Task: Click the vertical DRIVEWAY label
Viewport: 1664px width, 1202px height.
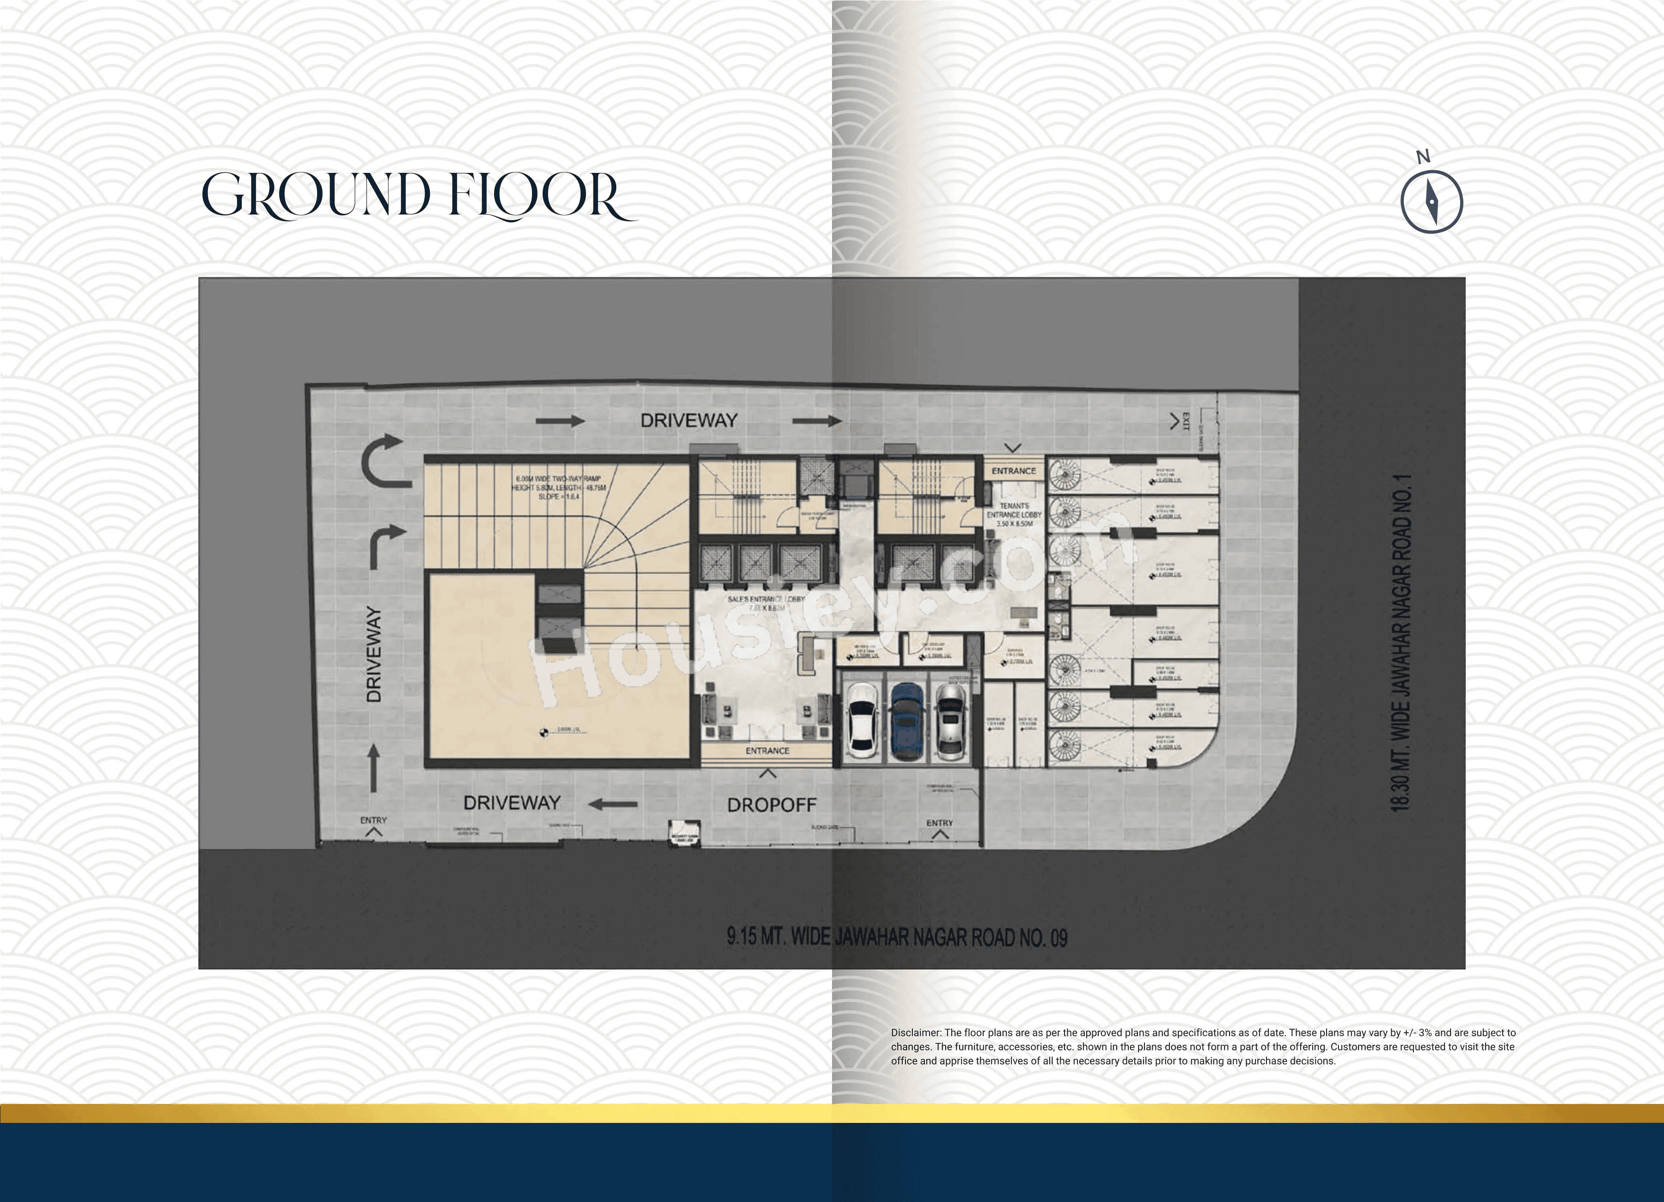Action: [x=374, y=655]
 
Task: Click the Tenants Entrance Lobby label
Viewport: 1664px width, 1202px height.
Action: [x=1014, y=515]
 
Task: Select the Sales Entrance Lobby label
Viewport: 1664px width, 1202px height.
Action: [x=765, y=603]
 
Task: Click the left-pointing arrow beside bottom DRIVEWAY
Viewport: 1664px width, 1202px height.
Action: [x=612, y=805]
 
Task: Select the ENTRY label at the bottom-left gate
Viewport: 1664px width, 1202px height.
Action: [x=373, y=821]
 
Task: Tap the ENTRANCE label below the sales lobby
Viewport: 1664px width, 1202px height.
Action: [x=767, y=751]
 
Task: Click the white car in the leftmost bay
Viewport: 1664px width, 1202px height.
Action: [x=862, y=721]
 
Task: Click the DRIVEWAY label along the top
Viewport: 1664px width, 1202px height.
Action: [x=688, y=421]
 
